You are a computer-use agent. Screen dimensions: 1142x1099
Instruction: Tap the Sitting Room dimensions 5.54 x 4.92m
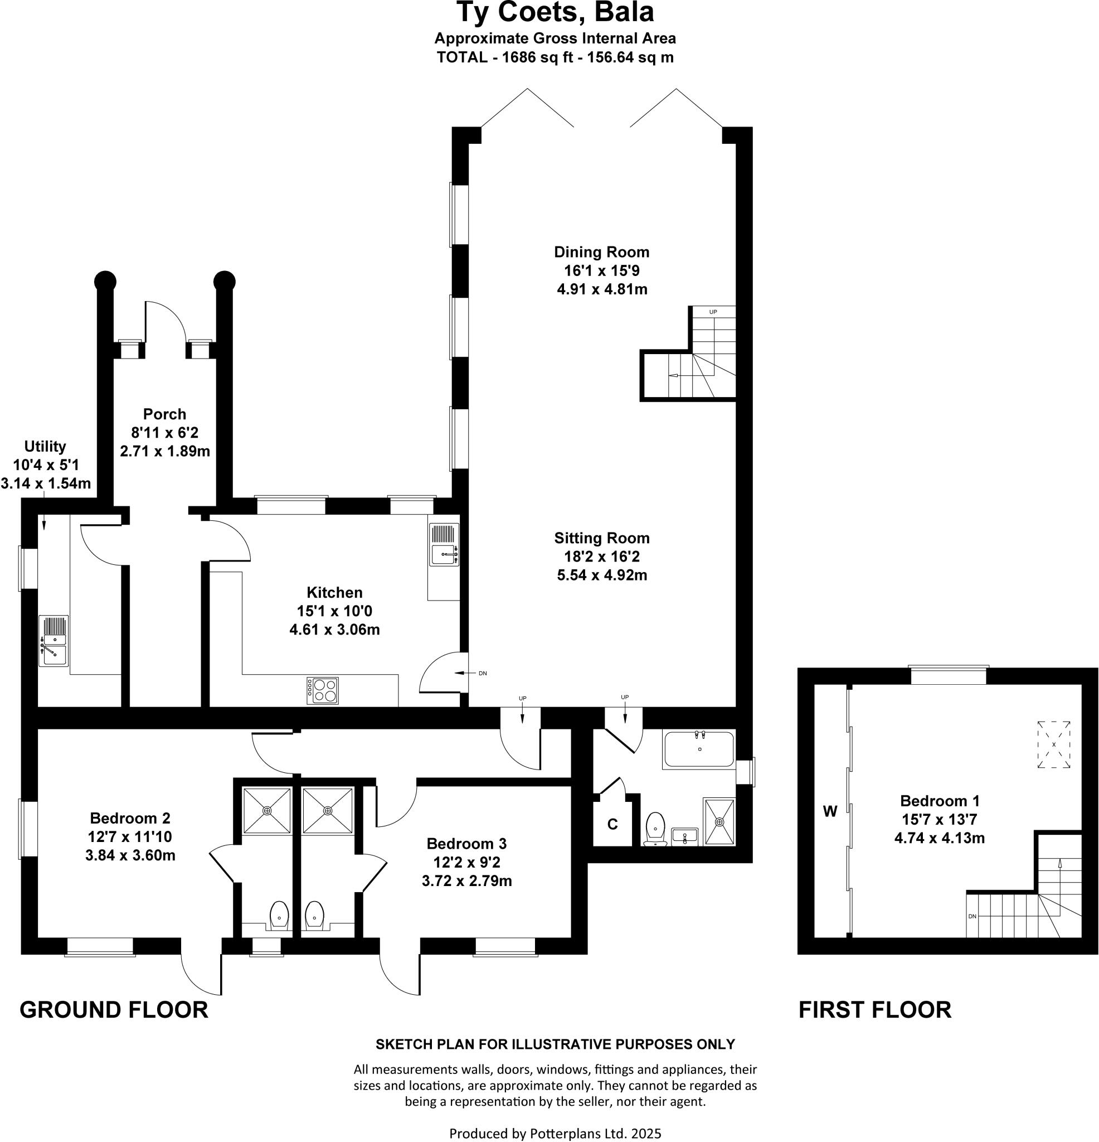(x=602, y=575)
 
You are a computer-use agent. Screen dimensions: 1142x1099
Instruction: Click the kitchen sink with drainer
(x=444, y=544)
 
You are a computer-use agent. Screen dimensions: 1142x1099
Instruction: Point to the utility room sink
(x=54, y=640)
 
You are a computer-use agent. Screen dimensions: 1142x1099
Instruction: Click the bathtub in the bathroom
(x=698, y=749)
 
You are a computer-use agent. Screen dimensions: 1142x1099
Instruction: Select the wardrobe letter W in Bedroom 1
(x=830, y=810)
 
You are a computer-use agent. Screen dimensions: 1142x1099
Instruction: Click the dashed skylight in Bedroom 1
(x=1053, y=744)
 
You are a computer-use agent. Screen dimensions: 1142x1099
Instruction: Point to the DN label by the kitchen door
(x=482, y=674)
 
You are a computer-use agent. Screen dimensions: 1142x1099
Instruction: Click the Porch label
(x=165, y=414)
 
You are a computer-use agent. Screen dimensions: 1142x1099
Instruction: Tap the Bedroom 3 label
(x=466, y=844)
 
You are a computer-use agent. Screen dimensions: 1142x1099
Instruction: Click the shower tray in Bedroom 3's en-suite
(x=327, y=810)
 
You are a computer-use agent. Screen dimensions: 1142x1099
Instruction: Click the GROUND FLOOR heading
(x=114, y=1009)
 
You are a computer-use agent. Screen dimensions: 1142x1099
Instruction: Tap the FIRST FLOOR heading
(x=874, y=1009)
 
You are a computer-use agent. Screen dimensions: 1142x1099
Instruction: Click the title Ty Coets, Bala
(x=555, y=13)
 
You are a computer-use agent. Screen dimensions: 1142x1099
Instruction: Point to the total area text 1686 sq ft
(x=555, y=57)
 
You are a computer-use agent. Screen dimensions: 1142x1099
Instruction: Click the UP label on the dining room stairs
(x=713, y=312)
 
